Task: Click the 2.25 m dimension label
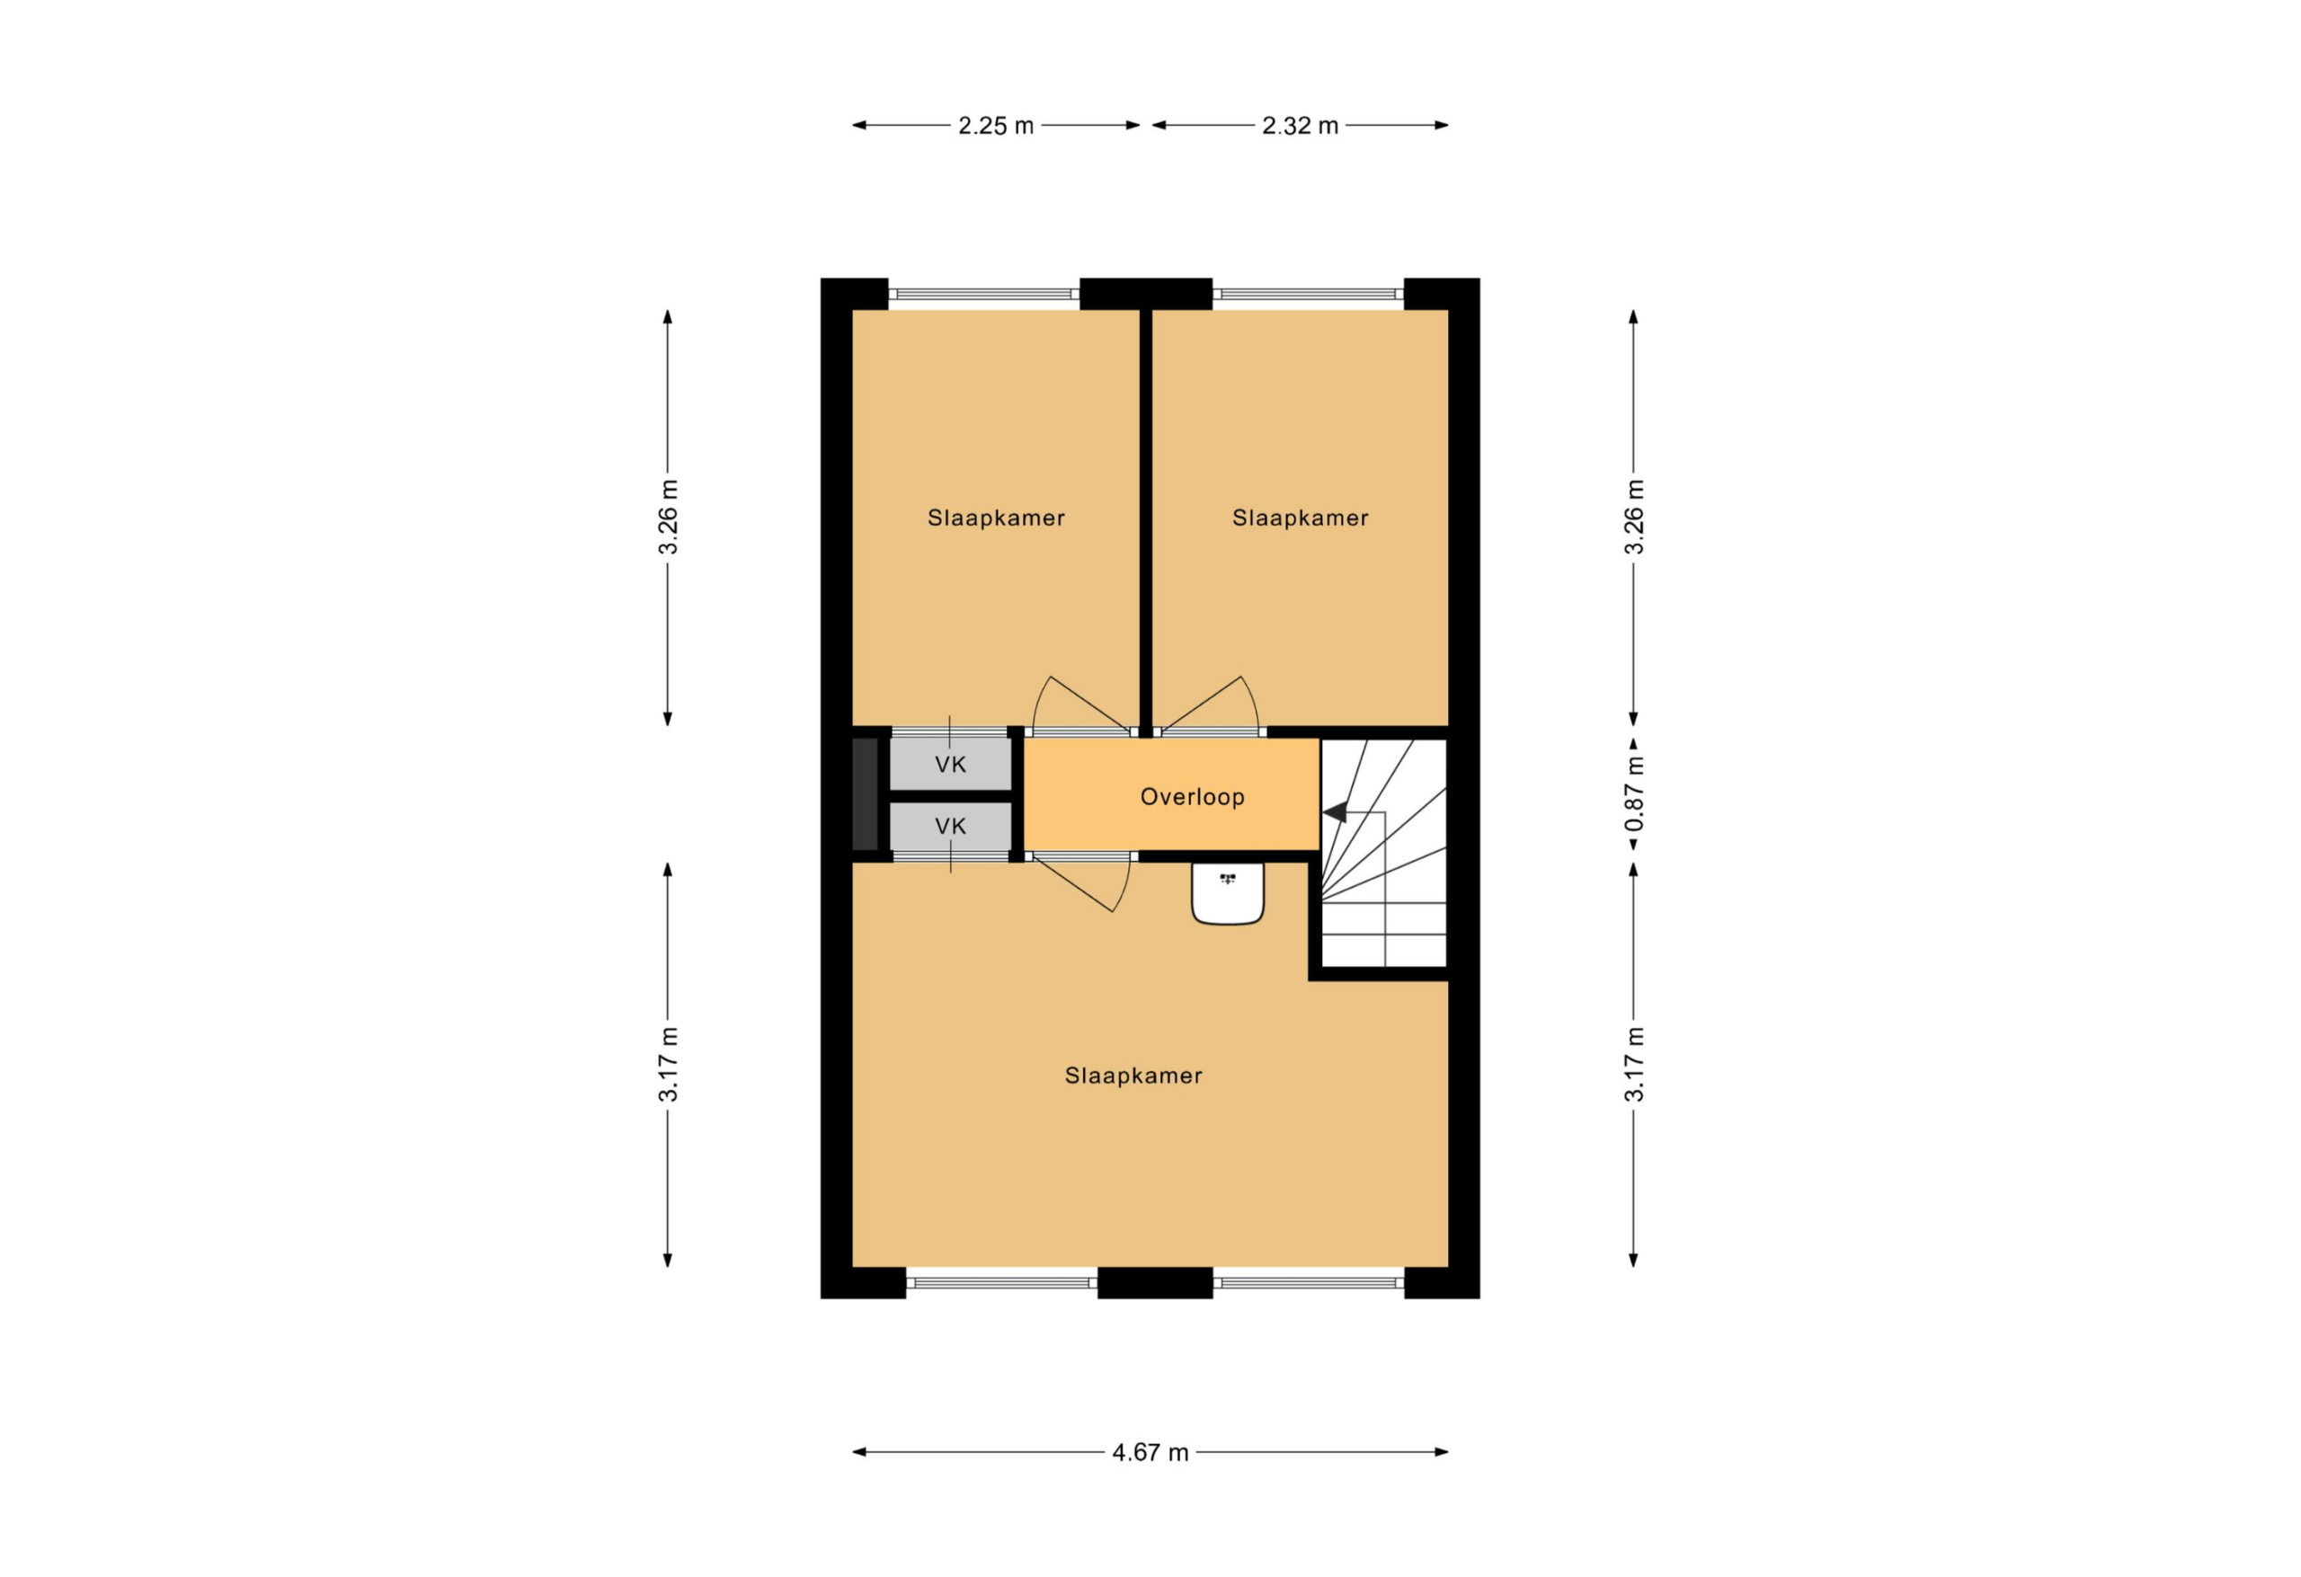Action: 995,126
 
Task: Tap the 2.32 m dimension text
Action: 1300,126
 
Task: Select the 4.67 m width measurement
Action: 1150,1452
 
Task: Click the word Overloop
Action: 1192,797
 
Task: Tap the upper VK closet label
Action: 950,765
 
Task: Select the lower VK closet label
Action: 950,826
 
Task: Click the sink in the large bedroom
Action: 1228,893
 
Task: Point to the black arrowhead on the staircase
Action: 1335,812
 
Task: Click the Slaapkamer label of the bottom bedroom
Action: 1133,1076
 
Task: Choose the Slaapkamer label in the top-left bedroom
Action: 996,518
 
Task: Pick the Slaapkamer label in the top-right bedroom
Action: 1300,518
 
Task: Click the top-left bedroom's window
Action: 983,294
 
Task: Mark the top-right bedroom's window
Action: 1308,294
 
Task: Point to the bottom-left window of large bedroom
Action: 1002,1283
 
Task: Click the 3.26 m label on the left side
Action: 669,517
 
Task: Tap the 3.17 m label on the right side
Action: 1634,1064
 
